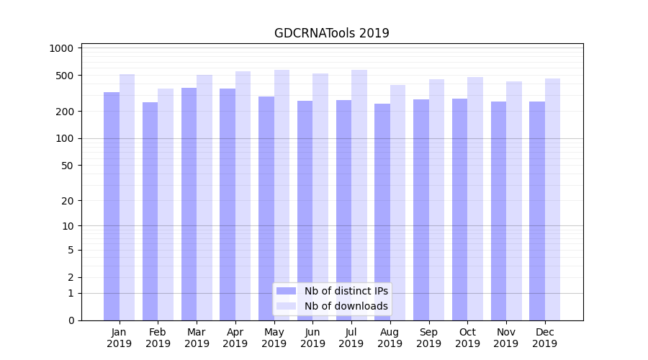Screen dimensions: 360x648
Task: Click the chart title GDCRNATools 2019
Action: click(331, 33)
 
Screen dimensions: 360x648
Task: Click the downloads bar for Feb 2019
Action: click(166, 204)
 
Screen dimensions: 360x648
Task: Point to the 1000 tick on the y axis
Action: click(61, 48)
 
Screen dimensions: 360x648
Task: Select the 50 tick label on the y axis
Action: click(67, 165)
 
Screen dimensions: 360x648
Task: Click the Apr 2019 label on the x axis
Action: click(235, 338)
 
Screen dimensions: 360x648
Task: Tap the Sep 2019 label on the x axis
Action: click(428, 338)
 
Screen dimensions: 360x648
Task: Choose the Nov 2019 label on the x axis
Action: click(506, 338)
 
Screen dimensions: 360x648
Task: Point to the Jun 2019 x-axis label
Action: click(312, 338)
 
